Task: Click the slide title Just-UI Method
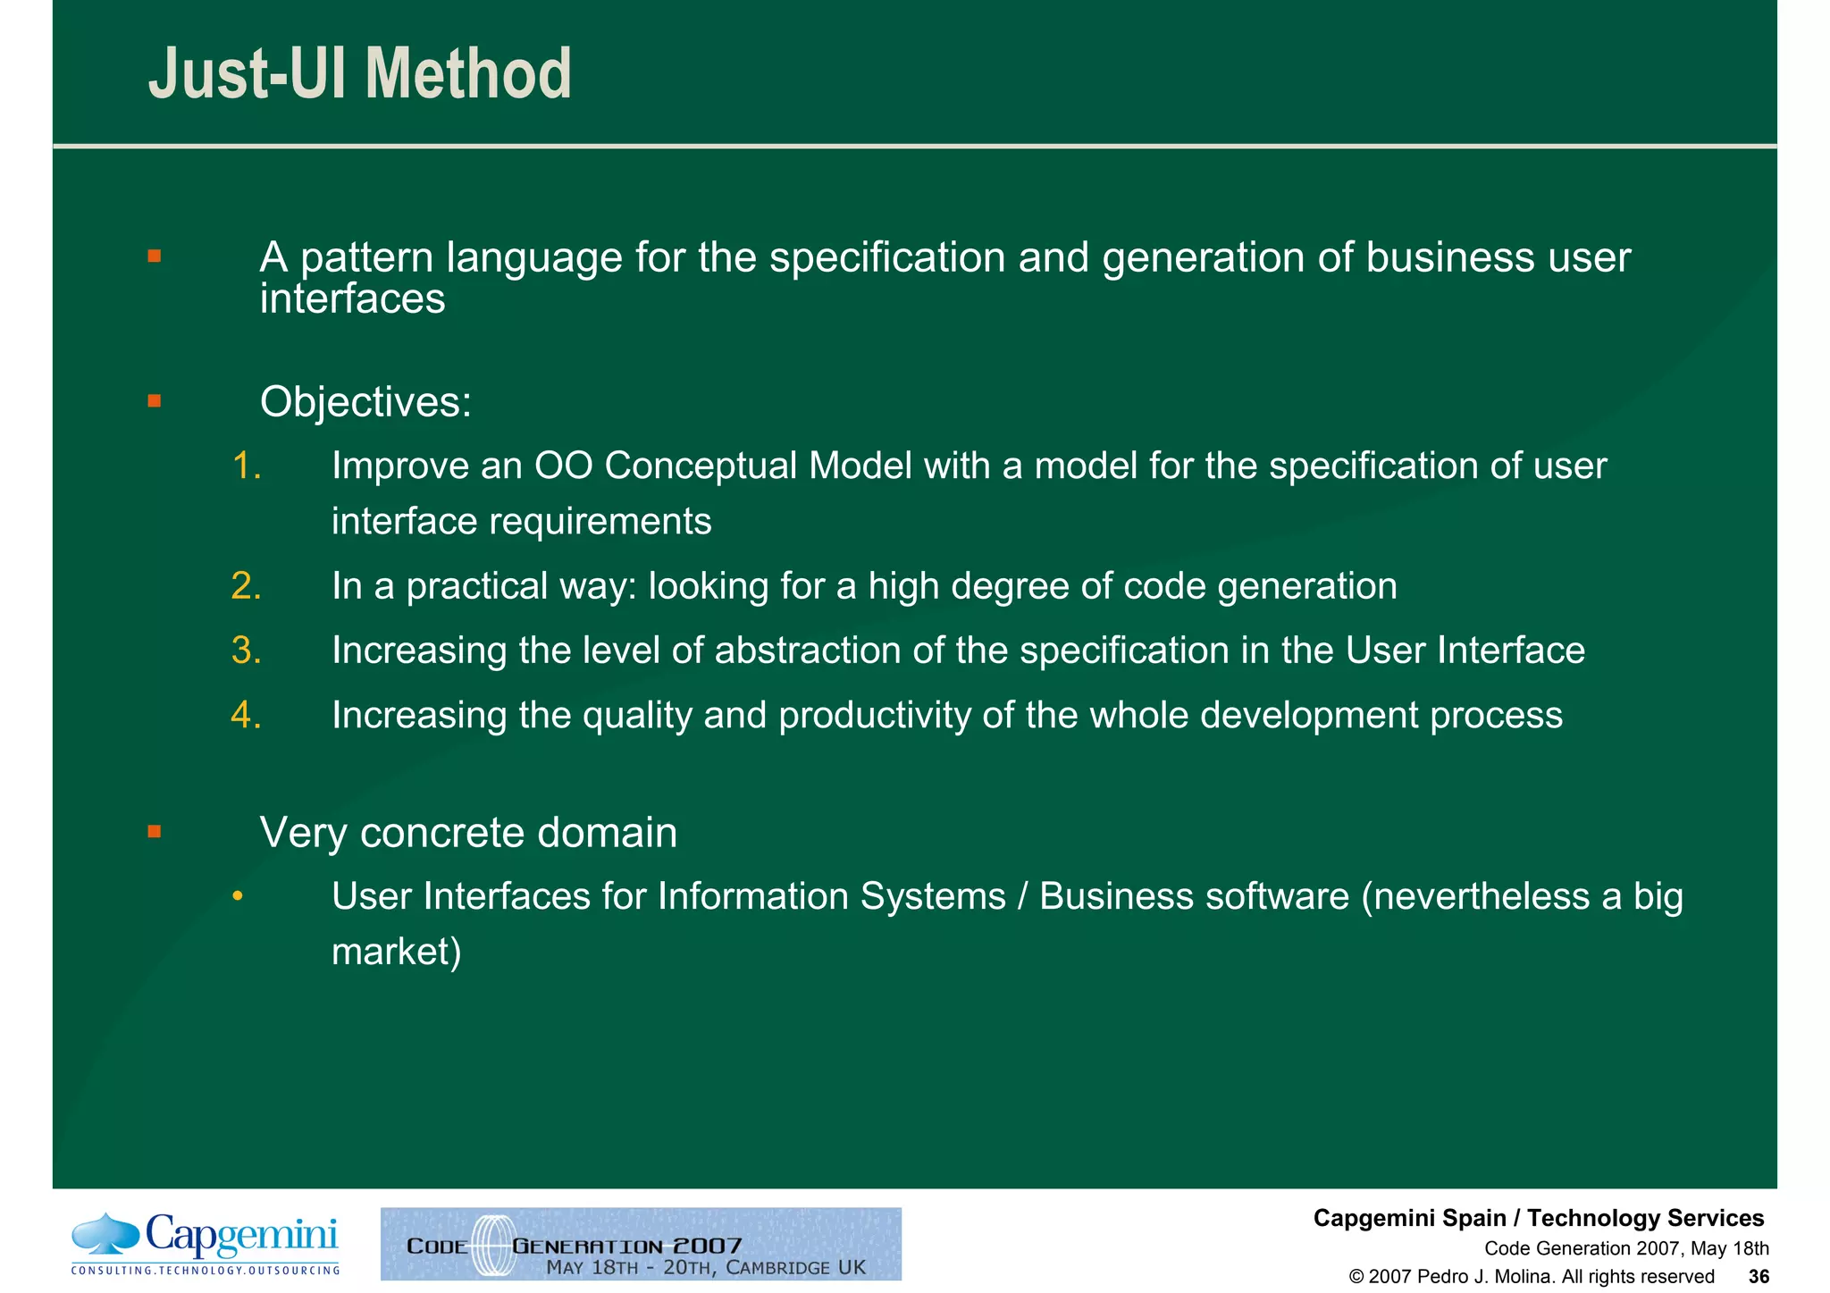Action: point(359,73)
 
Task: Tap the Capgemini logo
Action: point(206,1243)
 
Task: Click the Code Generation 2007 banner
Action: point(641,1244)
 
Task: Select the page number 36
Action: point(1759,1276)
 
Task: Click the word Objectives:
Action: point(365,402)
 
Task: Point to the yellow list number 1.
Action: point(247,466)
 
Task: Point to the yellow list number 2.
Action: point(247,586)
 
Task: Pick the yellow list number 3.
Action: point(247,651)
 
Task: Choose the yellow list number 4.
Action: point(247,715)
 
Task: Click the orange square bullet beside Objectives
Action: point(155,400)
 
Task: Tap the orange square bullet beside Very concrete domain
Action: point(155,832)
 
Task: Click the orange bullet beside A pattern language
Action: point(155,256)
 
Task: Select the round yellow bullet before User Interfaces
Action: point(237,896)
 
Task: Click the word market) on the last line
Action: point(397,952)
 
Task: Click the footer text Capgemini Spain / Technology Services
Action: point(1538,1218)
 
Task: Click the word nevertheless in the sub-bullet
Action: point(1483,896)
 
